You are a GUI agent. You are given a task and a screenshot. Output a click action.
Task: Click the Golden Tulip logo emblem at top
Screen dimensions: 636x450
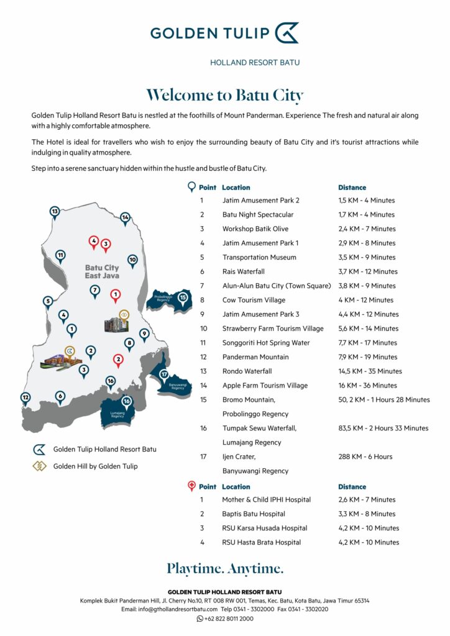[x=287, y=32]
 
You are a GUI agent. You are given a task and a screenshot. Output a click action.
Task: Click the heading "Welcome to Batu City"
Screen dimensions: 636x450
[x=224, y=96]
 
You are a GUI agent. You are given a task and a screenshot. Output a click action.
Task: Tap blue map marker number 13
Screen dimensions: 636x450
[x=55, y=212]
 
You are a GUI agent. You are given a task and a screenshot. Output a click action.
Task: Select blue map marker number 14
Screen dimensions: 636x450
[x=125, y=217]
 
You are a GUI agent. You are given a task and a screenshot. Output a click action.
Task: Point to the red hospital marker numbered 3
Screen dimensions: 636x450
[x=106, y=244]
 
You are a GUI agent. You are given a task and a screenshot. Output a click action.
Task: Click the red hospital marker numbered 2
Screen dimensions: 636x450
[x=118, y=359]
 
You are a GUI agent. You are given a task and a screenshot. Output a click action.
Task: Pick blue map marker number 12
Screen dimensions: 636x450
[x=25, y=397]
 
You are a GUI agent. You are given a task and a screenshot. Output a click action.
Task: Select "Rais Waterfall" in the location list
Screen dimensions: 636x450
[x=243, y=271]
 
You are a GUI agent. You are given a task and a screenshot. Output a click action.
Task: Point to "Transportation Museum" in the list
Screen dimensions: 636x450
[x=259, y=257]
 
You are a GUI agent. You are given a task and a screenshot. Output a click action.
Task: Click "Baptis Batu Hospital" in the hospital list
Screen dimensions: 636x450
[x=254, y=514]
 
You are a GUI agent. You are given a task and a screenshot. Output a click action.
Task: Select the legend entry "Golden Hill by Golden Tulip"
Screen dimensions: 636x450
[x=95, y=466]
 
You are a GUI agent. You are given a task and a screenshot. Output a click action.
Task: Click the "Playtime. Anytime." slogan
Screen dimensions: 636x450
[x=224, y=568]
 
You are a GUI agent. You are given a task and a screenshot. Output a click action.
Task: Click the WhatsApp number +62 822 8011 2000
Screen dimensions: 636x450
[x=229, y=619]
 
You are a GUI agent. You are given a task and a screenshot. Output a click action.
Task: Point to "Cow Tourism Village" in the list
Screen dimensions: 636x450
[x=254, y=300]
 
